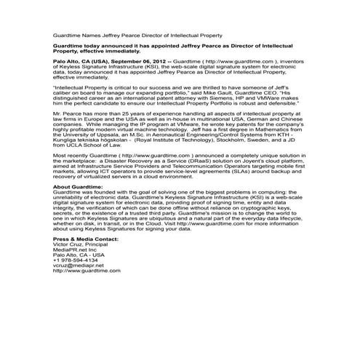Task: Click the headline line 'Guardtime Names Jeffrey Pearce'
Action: click(x=138, y=35)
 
